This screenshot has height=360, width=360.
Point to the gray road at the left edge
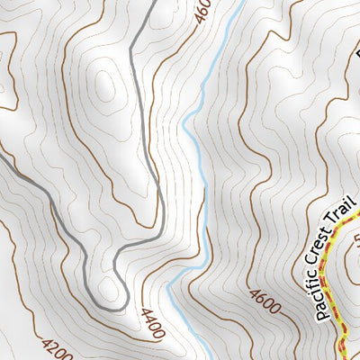(x=3, y=155)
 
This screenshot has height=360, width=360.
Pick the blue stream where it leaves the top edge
(x=244, y=3)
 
